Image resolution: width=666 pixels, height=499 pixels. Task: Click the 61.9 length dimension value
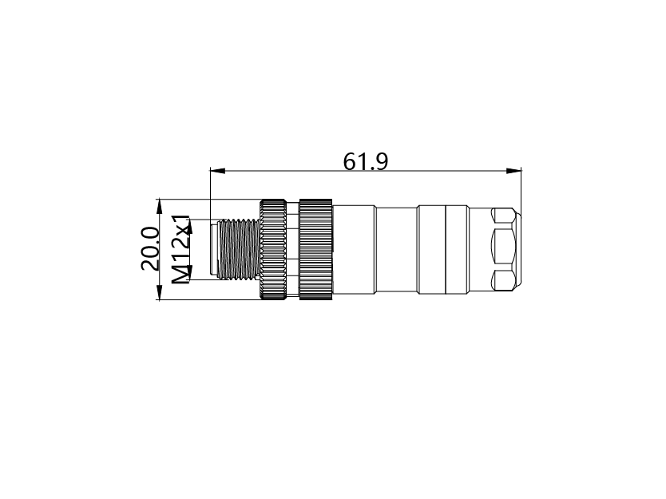coord(365,161)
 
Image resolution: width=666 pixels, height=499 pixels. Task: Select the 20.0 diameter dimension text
coord(150,249)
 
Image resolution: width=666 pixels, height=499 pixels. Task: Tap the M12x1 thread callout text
coord(181,250)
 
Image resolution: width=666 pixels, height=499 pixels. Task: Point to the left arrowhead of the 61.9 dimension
coord(218,171)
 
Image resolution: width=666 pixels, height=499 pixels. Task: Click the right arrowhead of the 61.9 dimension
coord(514,171)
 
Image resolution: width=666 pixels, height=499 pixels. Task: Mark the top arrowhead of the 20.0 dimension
coord(159,207)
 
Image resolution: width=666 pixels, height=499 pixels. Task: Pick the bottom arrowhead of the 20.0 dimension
coord(159,292)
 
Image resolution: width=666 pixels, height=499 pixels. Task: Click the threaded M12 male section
coord(239,249)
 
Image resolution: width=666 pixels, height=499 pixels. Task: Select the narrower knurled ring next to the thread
coord(273,249)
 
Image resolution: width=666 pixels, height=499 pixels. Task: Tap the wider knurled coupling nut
coord(315,249)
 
